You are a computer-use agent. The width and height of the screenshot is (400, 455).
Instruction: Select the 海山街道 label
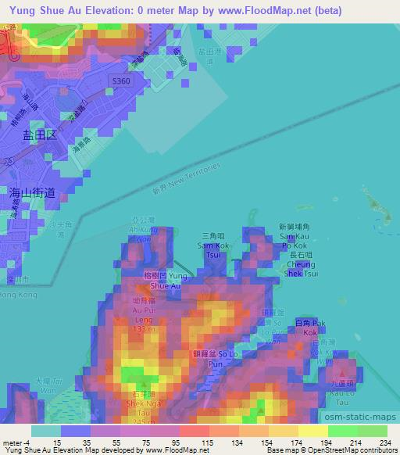32,192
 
